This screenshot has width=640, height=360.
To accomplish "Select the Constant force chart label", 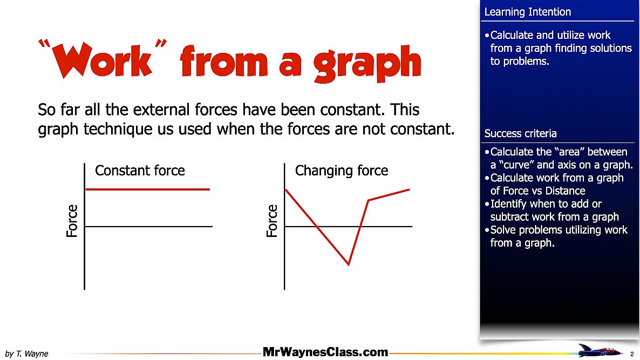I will tap(140, 171).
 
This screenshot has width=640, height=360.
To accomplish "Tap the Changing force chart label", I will tap(342, 171).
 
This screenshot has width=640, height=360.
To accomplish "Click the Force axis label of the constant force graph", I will tap(72, 221).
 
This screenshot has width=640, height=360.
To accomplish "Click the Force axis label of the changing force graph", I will tap(273, 221).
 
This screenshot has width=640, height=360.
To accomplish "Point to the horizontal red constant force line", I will tap(147, 189).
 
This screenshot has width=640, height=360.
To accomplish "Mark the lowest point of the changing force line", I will tap(349, 264).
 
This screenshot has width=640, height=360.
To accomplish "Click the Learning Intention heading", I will tap(527, 12).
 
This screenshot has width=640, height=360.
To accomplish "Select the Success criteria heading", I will tap(521, 133).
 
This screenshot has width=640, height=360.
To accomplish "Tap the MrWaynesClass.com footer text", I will tap(325, 352).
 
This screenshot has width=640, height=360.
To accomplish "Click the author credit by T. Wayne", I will tap(27, 354).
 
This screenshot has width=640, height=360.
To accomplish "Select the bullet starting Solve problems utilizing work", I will tap(556, 236).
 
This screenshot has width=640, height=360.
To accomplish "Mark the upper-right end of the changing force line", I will tap(410, 189).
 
